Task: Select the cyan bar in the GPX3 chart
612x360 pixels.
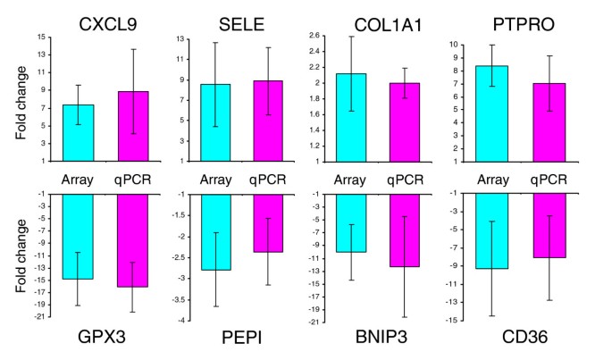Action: (78, 237)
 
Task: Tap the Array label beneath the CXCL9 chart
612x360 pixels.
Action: (77, 179)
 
